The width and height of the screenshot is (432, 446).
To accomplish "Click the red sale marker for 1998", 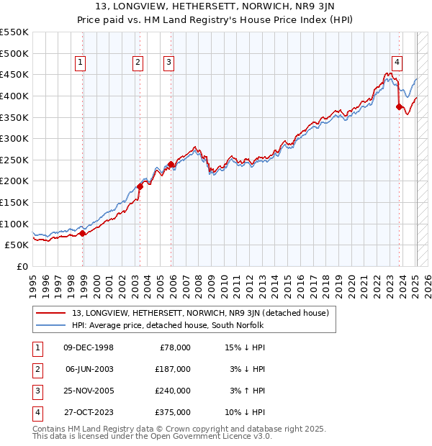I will [x=83, y=232].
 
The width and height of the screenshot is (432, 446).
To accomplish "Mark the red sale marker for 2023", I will [x=400, y=106].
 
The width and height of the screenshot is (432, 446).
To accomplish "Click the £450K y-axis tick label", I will [x=14, y=74].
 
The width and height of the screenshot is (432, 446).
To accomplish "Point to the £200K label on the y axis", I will [x=14, y=181].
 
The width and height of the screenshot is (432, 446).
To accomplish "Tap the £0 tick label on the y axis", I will [x=22, y=266].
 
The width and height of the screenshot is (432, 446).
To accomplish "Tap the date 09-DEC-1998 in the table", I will [x=89, y=347].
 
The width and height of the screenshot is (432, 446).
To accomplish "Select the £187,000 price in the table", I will [x=173, y=369].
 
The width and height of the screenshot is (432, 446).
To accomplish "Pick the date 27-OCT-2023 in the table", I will [x=89, y=412].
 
